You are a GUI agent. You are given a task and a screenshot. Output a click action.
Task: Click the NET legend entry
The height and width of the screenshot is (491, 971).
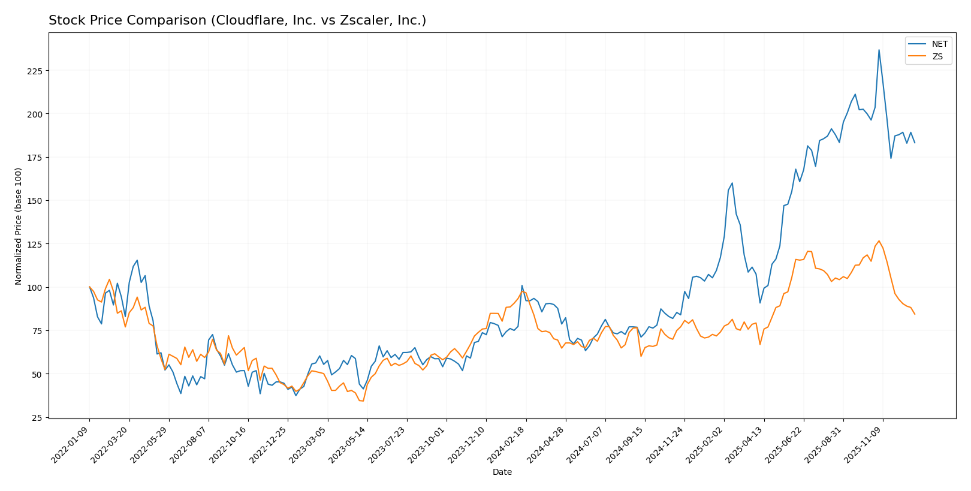pos(939,44)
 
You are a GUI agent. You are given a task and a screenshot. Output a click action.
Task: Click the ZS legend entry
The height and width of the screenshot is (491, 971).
pos(937,57)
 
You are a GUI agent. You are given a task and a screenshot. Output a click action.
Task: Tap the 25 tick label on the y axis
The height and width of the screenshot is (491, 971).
pos(38,418)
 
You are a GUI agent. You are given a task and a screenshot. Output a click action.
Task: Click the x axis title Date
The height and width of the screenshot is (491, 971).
pos(502,472)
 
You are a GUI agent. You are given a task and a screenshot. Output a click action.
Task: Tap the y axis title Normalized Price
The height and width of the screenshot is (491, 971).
pos(19,226)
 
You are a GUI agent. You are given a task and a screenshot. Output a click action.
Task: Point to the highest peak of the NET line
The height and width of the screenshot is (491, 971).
pos(879,50)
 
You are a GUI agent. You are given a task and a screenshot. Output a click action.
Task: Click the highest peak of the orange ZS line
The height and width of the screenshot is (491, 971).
pos(879,241)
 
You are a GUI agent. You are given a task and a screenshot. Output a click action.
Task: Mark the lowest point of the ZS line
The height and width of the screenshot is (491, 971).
pos(363,401)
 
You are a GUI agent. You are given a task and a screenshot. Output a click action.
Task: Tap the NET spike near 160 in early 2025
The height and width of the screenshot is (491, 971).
pos(732,183)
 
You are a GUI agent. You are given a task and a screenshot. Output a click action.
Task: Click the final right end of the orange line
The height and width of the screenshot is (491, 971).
pos(915,314)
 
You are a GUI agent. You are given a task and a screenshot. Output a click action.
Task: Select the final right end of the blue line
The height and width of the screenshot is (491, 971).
pos(915,143)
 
